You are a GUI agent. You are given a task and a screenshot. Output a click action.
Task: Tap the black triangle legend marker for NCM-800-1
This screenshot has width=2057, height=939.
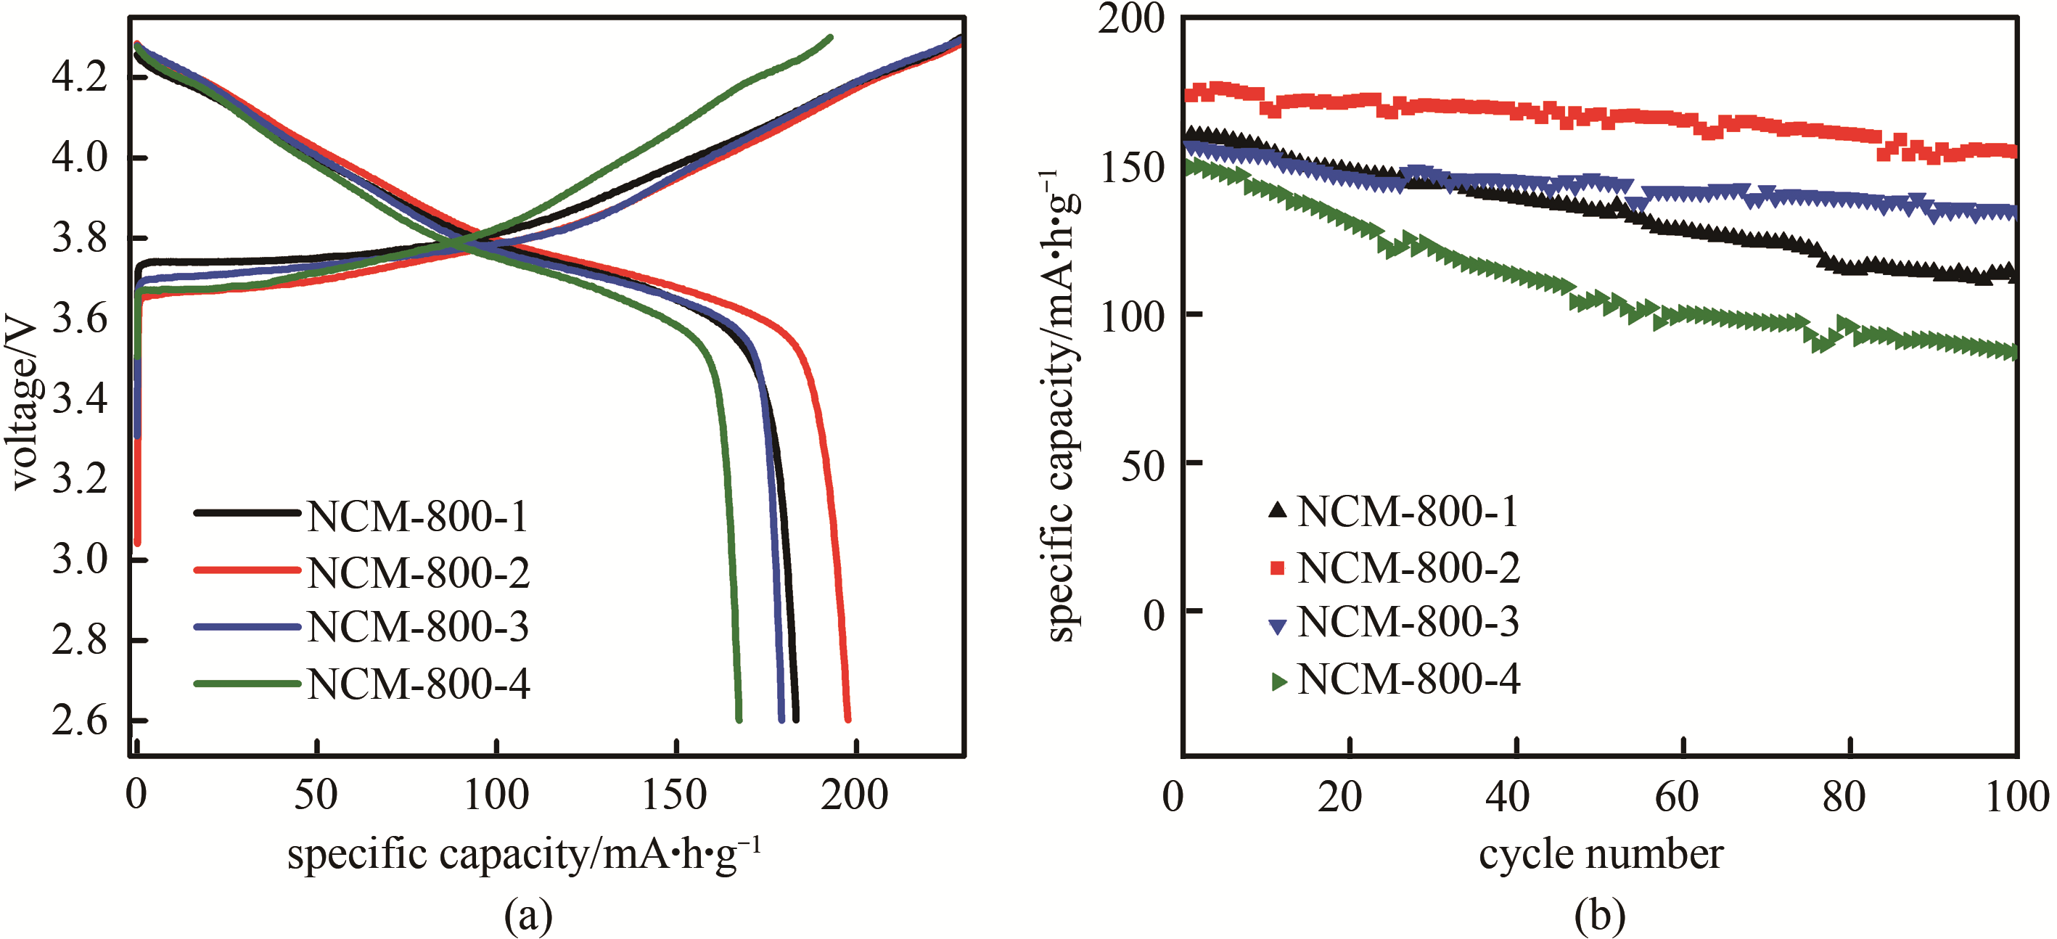[x=1278, y=510]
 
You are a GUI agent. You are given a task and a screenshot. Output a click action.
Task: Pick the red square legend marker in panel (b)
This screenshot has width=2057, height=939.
[x=1278, y=567]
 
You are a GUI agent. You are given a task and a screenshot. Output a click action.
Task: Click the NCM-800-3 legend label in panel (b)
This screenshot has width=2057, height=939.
[x=1408, y=623]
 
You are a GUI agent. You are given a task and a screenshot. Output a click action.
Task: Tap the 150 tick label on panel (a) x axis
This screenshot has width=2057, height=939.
[x=676, y=795]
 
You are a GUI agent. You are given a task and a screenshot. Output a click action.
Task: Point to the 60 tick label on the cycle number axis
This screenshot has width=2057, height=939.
[x=1676, y=797]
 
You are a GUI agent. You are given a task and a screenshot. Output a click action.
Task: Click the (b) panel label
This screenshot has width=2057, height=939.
[x=1599, y=915]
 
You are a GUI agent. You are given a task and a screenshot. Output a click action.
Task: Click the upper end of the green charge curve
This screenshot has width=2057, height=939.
[x=831, y=37]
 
